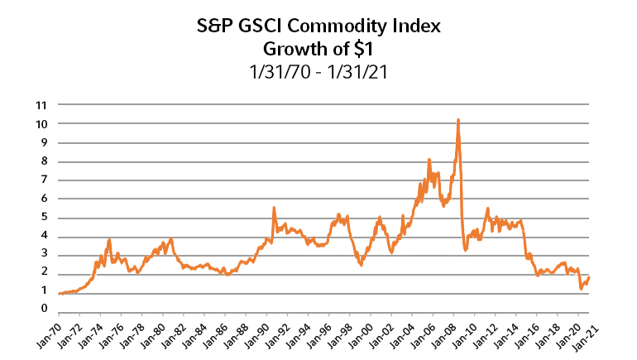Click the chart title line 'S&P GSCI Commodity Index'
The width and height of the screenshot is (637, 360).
[318, 26]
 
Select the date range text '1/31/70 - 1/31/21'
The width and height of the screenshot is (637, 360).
[318, 71]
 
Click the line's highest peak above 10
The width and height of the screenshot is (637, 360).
[457, 120]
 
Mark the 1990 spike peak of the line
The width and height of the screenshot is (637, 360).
[274, 208]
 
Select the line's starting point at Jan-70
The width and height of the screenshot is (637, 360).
[59, 294]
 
